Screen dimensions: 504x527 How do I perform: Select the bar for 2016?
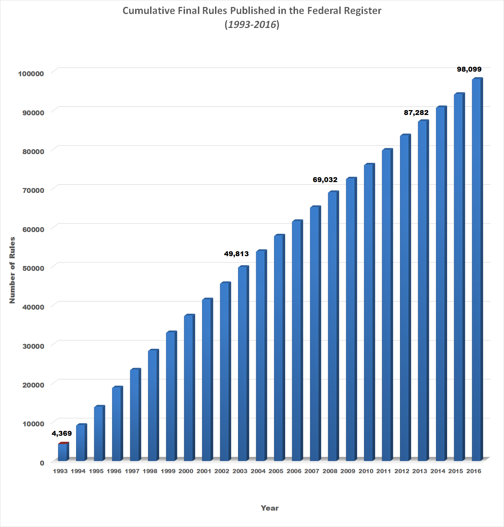477,269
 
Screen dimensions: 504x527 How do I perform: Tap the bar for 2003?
243,363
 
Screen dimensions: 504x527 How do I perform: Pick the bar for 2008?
333,326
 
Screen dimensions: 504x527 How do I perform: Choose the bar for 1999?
171,396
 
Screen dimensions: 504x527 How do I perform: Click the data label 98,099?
469,69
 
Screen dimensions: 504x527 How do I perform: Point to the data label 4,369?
62,433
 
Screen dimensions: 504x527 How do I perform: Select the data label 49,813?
236,254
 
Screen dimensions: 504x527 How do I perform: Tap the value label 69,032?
325,180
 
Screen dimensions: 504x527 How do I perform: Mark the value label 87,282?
416,113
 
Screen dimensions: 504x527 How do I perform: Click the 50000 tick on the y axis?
32,268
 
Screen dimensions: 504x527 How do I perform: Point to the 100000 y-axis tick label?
31,73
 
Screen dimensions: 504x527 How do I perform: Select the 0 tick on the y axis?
42,463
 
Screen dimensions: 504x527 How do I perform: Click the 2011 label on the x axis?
384,471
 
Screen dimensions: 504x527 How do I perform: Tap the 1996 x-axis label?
114,471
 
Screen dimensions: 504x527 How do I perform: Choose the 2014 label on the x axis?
438,471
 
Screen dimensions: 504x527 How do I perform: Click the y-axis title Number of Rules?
12,270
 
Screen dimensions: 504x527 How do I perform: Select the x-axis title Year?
270,508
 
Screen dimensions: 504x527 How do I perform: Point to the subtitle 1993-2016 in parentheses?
252,24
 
